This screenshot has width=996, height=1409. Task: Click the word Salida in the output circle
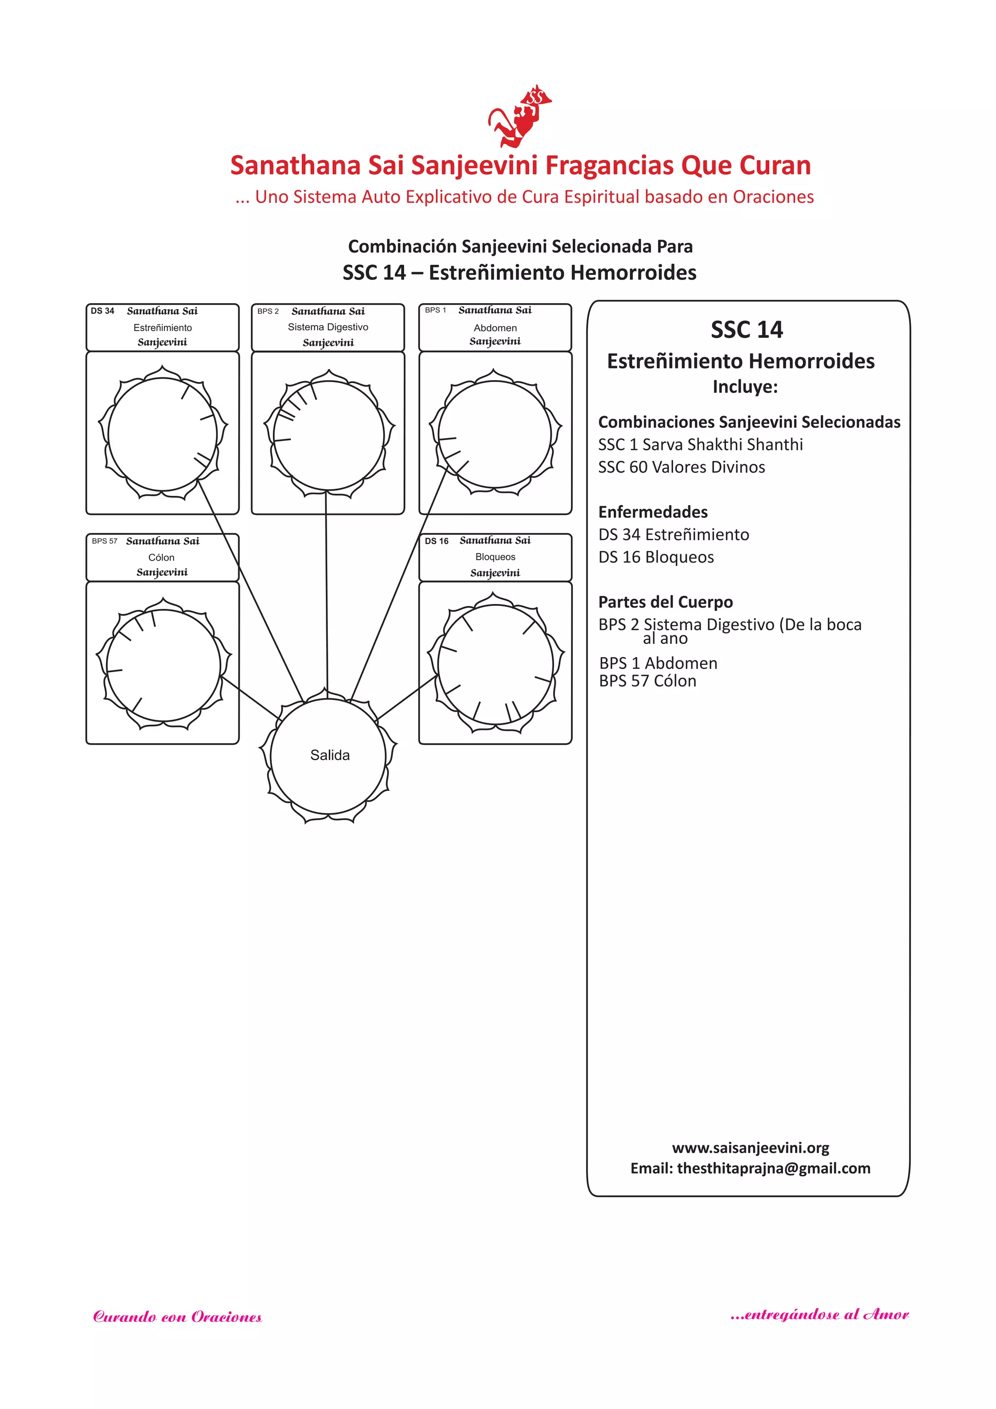329,755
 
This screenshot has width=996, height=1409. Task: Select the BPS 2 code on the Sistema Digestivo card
268,311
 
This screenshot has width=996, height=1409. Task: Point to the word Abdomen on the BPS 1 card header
495,328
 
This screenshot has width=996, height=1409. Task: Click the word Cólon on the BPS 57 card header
161,557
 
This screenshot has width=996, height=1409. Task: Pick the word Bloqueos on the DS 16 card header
495,557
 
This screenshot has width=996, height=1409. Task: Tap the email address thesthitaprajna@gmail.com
773,1168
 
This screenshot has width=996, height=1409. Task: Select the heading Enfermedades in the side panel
653,512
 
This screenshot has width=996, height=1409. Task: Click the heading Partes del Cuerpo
665,602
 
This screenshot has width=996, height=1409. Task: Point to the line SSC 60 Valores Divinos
681,467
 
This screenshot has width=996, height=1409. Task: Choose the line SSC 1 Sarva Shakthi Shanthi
700,444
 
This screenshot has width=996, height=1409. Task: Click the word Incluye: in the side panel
745,386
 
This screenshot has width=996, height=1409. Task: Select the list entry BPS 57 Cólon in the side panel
648,680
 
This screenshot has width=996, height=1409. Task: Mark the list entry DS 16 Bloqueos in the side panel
656,557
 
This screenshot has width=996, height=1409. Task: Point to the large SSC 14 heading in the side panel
747,329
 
